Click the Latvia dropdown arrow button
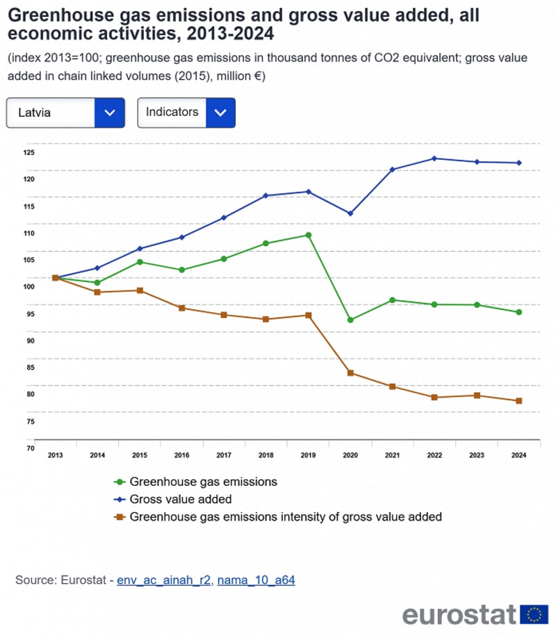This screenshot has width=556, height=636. coord(109,113)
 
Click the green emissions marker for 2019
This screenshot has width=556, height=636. coord(308,235)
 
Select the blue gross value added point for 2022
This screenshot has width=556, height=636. coord(434,158)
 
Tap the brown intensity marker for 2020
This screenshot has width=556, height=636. coord(350,373)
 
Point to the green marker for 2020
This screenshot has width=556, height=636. coord(350,320)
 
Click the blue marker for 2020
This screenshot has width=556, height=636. coord(350,213)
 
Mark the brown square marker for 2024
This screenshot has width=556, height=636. coord(518,401)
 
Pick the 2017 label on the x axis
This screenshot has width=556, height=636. coord(224,456)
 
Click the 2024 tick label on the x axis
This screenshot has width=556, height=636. coord(518,456)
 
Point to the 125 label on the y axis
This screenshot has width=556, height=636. coord(28,152)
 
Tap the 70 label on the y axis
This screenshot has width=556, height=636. coord(28,448)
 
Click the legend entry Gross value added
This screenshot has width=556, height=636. coord(181,499)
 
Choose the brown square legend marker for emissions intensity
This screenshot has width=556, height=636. coord(120,516)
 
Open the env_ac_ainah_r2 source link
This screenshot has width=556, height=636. coord(163,580)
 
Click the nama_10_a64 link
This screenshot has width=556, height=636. coord(256,580)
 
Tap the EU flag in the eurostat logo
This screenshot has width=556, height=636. coord(534,614)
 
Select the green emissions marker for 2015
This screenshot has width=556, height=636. coord(140,262)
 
